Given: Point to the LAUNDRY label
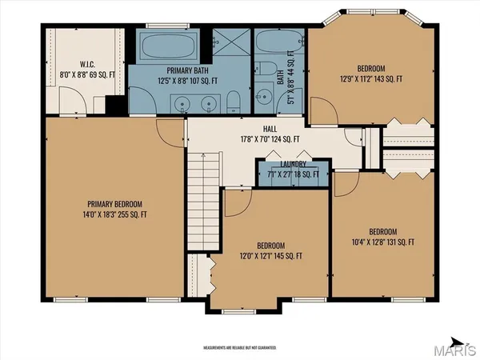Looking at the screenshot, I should pyautogui.click(x=287, y=165).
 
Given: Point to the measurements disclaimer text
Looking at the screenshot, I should pyautogui.click(x=239, y=349).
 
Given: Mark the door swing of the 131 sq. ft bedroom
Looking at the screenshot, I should pyautogui.click(x=346, y=186).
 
